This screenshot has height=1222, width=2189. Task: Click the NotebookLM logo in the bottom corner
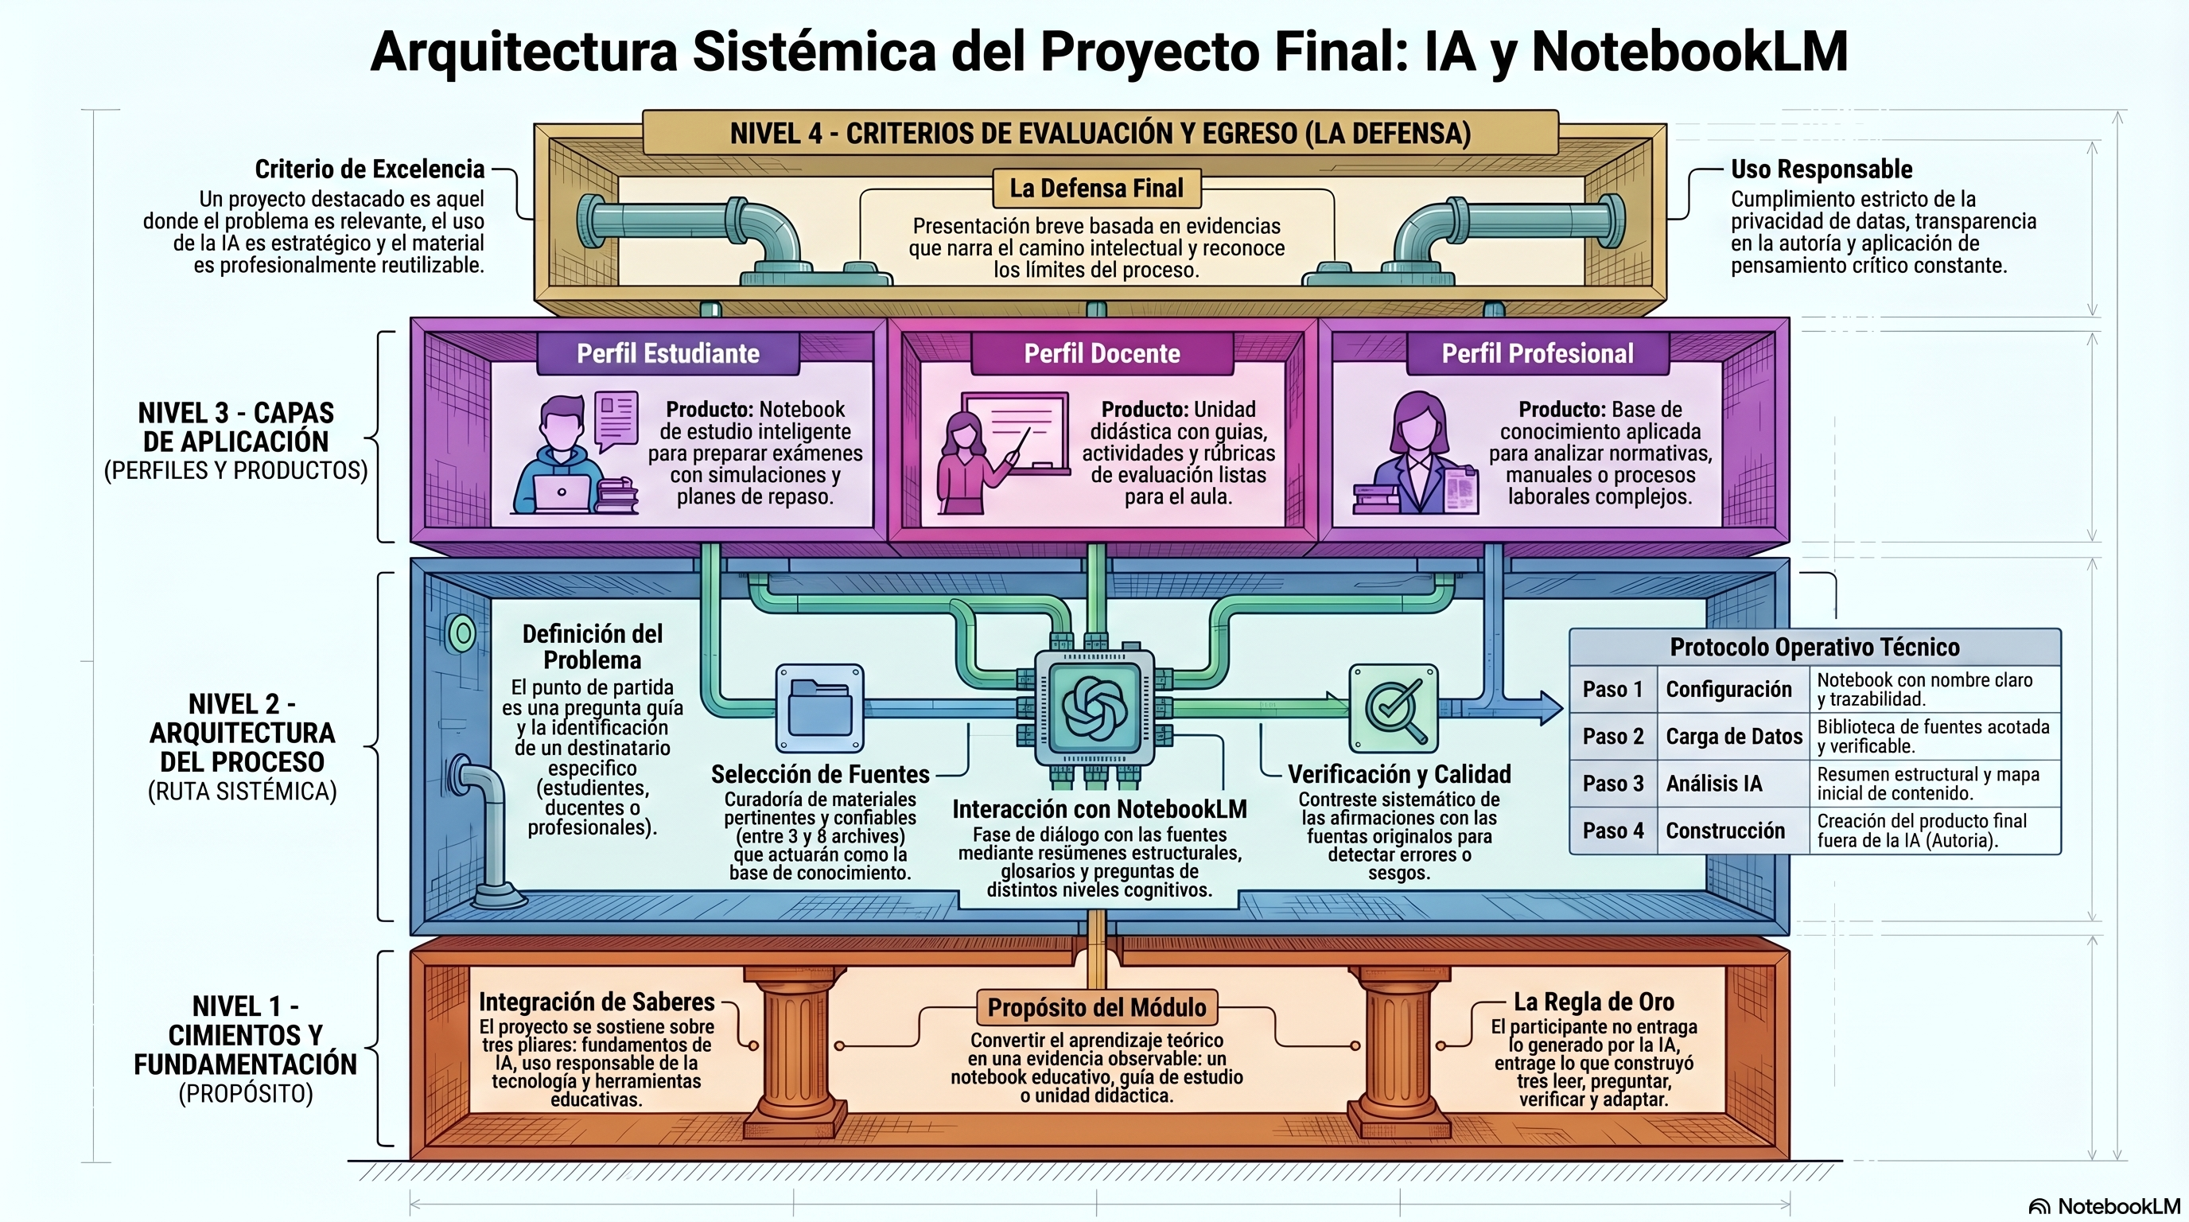click(x=2104, y=1206)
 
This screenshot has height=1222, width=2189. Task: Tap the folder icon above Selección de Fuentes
click(x=820, y=707)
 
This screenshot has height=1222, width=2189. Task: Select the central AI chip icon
click(x=1094, y=708)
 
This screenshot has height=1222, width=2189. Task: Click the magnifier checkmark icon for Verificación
click(x=1394, y=708)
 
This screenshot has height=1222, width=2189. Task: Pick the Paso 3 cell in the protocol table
click(x=1613, y=784)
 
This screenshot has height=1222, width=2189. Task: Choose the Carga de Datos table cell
click(x=1733, y=736)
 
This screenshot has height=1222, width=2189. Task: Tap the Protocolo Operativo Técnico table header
click(x=1815, y=648)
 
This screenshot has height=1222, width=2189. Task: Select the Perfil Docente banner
click(x=1102, y=353)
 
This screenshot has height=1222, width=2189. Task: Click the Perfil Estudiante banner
click(x=668, y=353)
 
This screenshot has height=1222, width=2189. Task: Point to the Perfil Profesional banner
click(x=1538, y=353)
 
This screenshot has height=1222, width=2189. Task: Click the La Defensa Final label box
click(x=1096, y=188)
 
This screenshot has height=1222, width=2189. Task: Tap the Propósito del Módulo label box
click(x=1096, y=1008)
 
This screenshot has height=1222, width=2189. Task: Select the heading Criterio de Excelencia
click(x=370, y=169)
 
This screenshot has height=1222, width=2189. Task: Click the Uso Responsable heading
click(x=1822, y=169)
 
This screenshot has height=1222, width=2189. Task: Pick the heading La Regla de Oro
click(x=1594, y=1002)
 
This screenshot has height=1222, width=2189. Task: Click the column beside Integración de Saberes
click(x=795, y=1050)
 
